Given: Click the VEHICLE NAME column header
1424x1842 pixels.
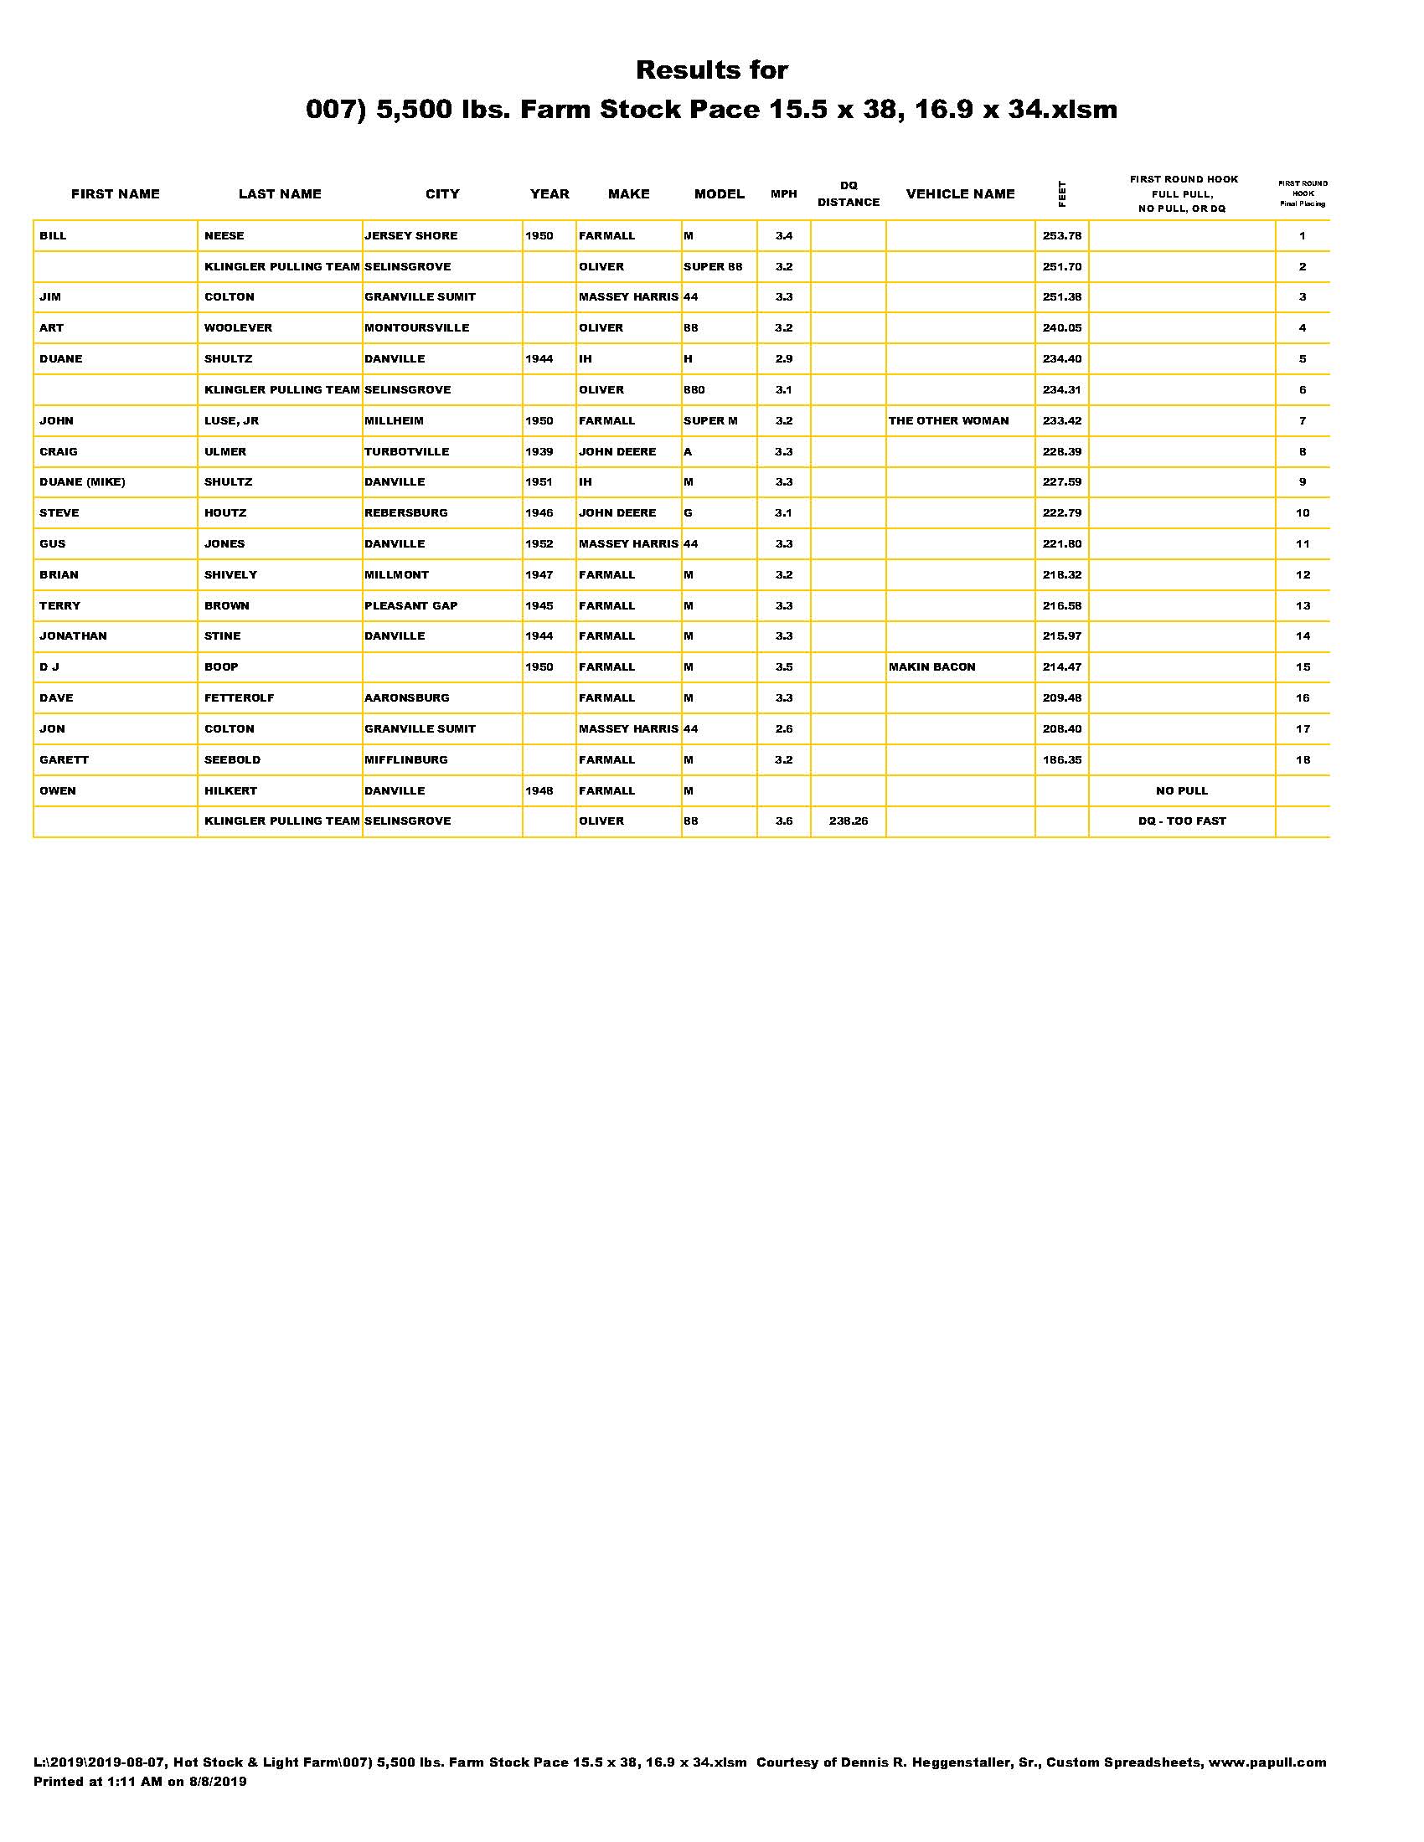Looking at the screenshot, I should (x=960, y=194).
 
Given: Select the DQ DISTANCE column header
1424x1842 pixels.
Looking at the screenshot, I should (x=848, y=194).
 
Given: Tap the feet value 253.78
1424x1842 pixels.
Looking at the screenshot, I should (x=1061, y=236).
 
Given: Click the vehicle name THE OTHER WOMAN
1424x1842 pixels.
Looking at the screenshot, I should (x=948, y=421).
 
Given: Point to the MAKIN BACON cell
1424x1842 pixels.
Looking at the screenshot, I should (x=931, y=667).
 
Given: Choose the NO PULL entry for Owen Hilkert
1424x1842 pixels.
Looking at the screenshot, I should (x=1181, y=791).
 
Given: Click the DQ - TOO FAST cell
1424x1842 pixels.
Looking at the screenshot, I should (x=1181, y=821).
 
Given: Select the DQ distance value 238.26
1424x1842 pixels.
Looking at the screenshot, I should (x=848, y=821).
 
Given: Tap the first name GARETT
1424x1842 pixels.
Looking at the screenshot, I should (x=64, y=760).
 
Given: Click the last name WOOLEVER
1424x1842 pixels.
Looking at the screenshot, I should (x=238, y=328).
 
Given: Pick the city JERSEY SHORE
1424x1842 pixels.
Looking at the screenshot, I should (x=410, y=236).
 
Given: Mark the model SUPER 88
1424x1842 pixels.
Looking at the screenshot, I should (x=713, y=266).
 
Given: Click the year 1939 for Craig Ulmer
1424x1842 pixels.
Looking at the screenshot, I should (x=539, y=452).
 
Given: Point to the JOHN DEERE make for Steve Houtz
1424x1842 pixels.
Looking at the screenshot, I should (x=617, y=512).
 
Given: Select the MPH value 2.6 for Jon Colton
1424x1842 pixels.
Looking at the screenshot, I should (x=784, y=729).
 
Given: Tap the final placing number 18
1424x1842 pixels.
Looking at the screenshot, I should (x=1303, y=760).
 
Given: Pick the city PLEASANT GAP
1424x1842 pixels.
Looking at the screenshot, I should (x=410, y=605).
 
